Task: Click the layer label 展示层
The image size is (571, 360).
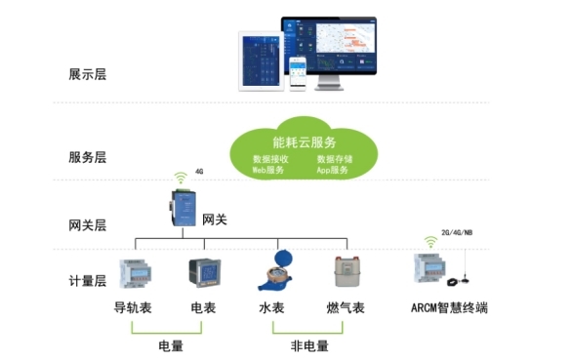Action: pos(88,74)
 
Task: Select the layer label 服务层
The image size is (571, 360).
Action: pos(88,157)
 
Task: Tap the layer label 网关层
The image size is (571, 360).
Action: pos(88,224)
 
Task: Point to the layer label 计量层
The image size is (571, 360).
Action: pos(88,281)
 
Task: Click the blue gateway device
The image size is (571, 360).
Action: pos(183,210)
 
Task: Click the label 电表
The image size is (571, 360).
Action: pos(204,308)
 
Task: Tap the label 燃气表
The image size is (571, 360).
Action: pos(346,308)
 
